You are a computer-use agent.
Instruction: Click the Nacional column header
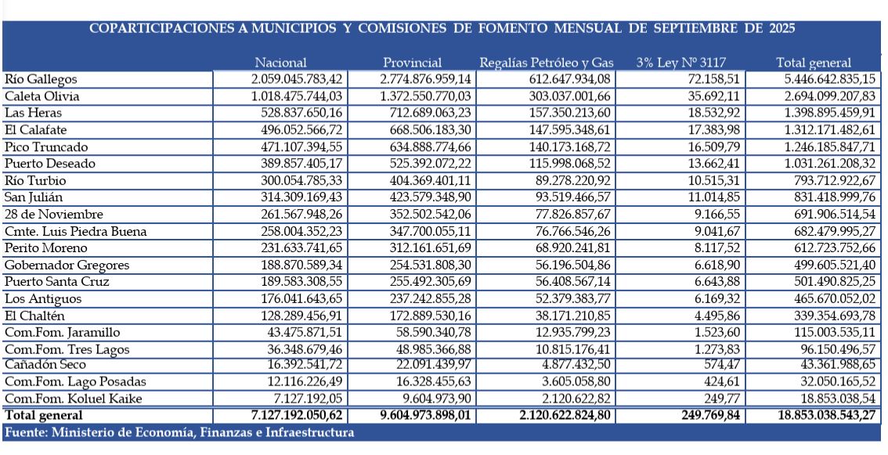point(280,63)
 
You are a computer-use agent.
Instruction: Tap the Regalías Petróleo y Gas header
point(547,63)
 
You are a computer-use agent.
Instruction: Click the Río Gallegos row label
point(41,79)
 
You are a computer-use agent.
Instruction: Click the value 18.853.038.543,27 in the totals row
point(814,414)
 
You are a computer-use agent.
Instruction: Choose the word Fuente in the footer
point(27,432)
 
